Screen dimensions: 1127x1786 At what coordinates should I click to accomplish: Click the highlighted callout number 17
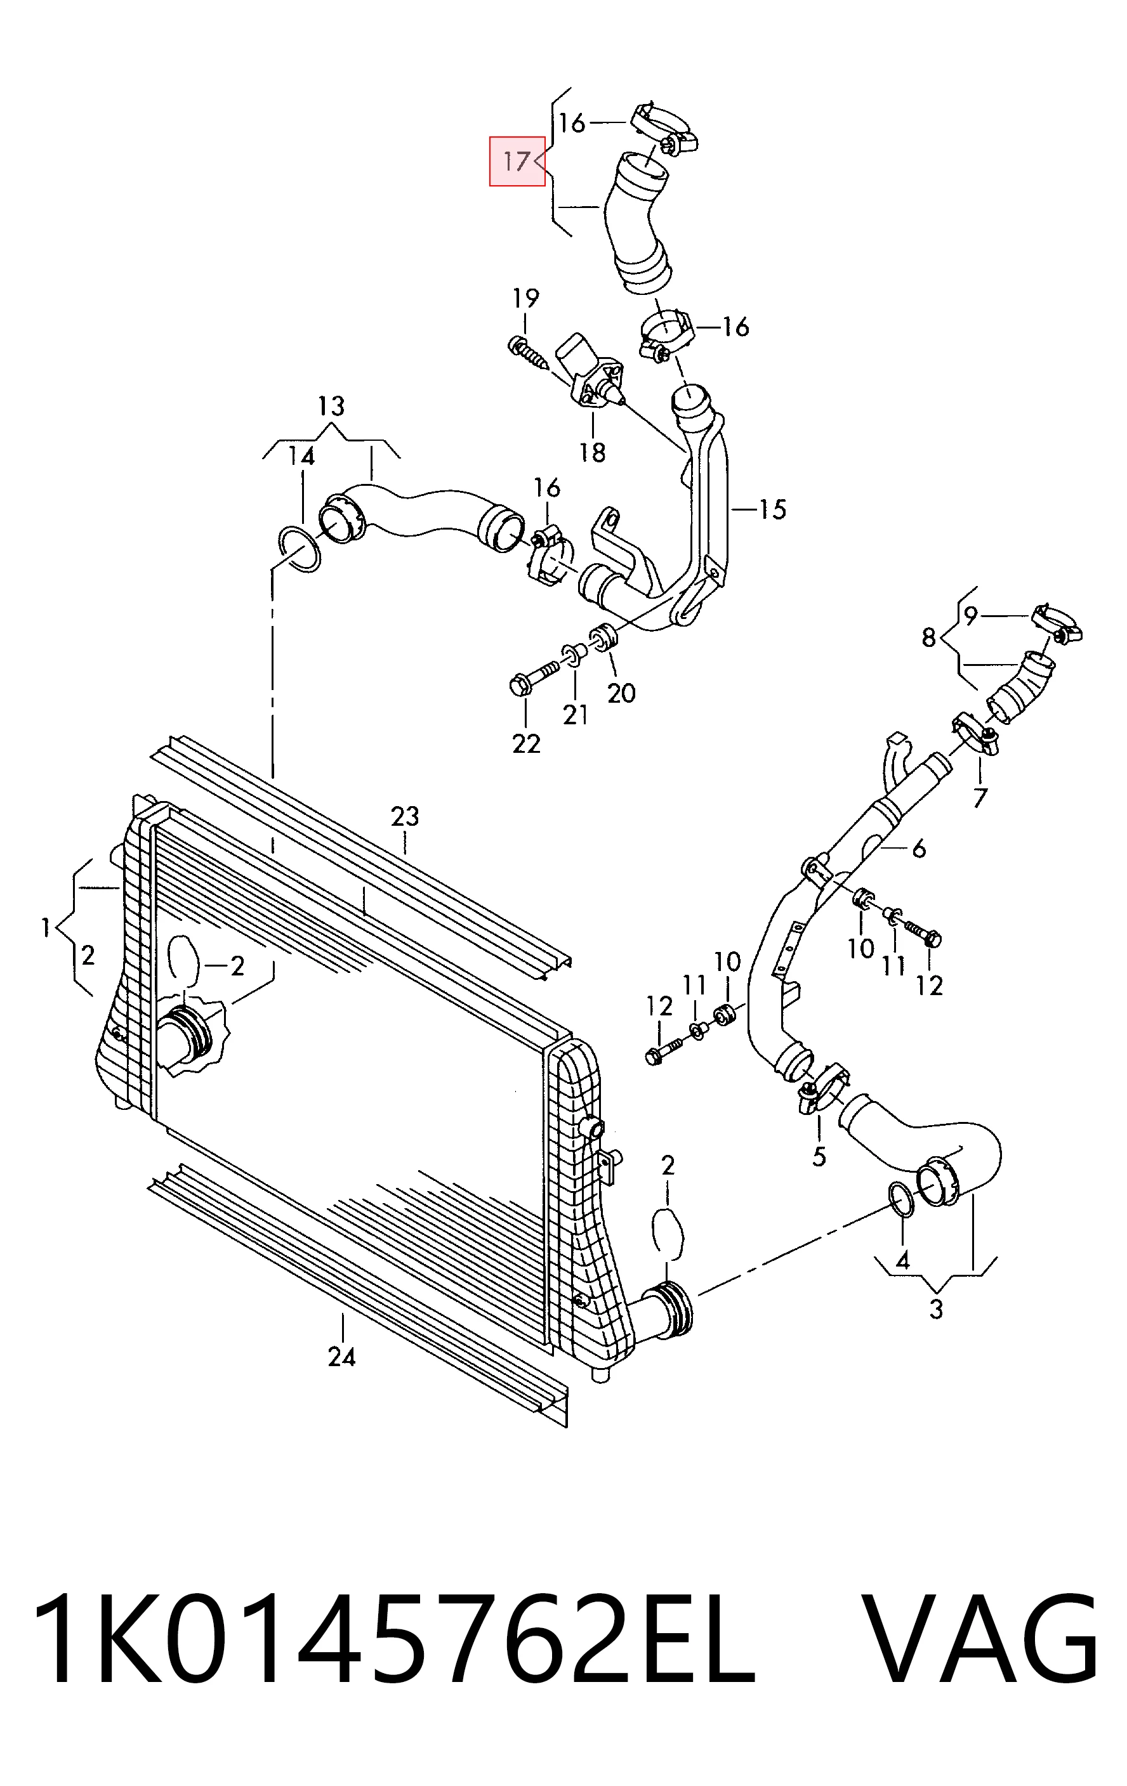(517, 161)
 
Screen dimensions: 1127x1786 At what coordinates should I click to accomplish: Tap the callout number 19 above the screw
(525, 299)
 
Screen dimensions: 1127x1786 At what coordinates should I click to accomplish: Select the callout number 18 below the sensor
(593, 452)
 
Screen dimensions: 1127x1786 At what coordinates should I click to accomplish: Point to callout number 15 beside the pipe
(772, 509)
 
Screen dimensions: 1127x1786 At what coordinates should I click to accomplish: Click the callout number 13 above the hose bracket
(332, 407)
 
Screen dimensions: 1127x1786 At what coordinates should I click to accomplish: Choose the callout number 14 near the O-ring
(301, 456)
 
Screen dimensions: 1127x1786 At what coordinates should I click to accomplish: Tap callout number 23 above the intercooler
(405, 817)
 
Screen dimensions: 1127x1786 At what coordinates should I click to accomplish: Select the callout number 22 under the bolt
(526, 743)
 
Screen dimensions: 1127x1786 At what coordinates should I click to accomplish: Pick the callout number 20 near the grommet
(621, 693)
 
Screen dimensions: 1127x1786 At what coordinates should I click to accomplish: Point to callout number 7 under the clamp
(980, 798)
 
